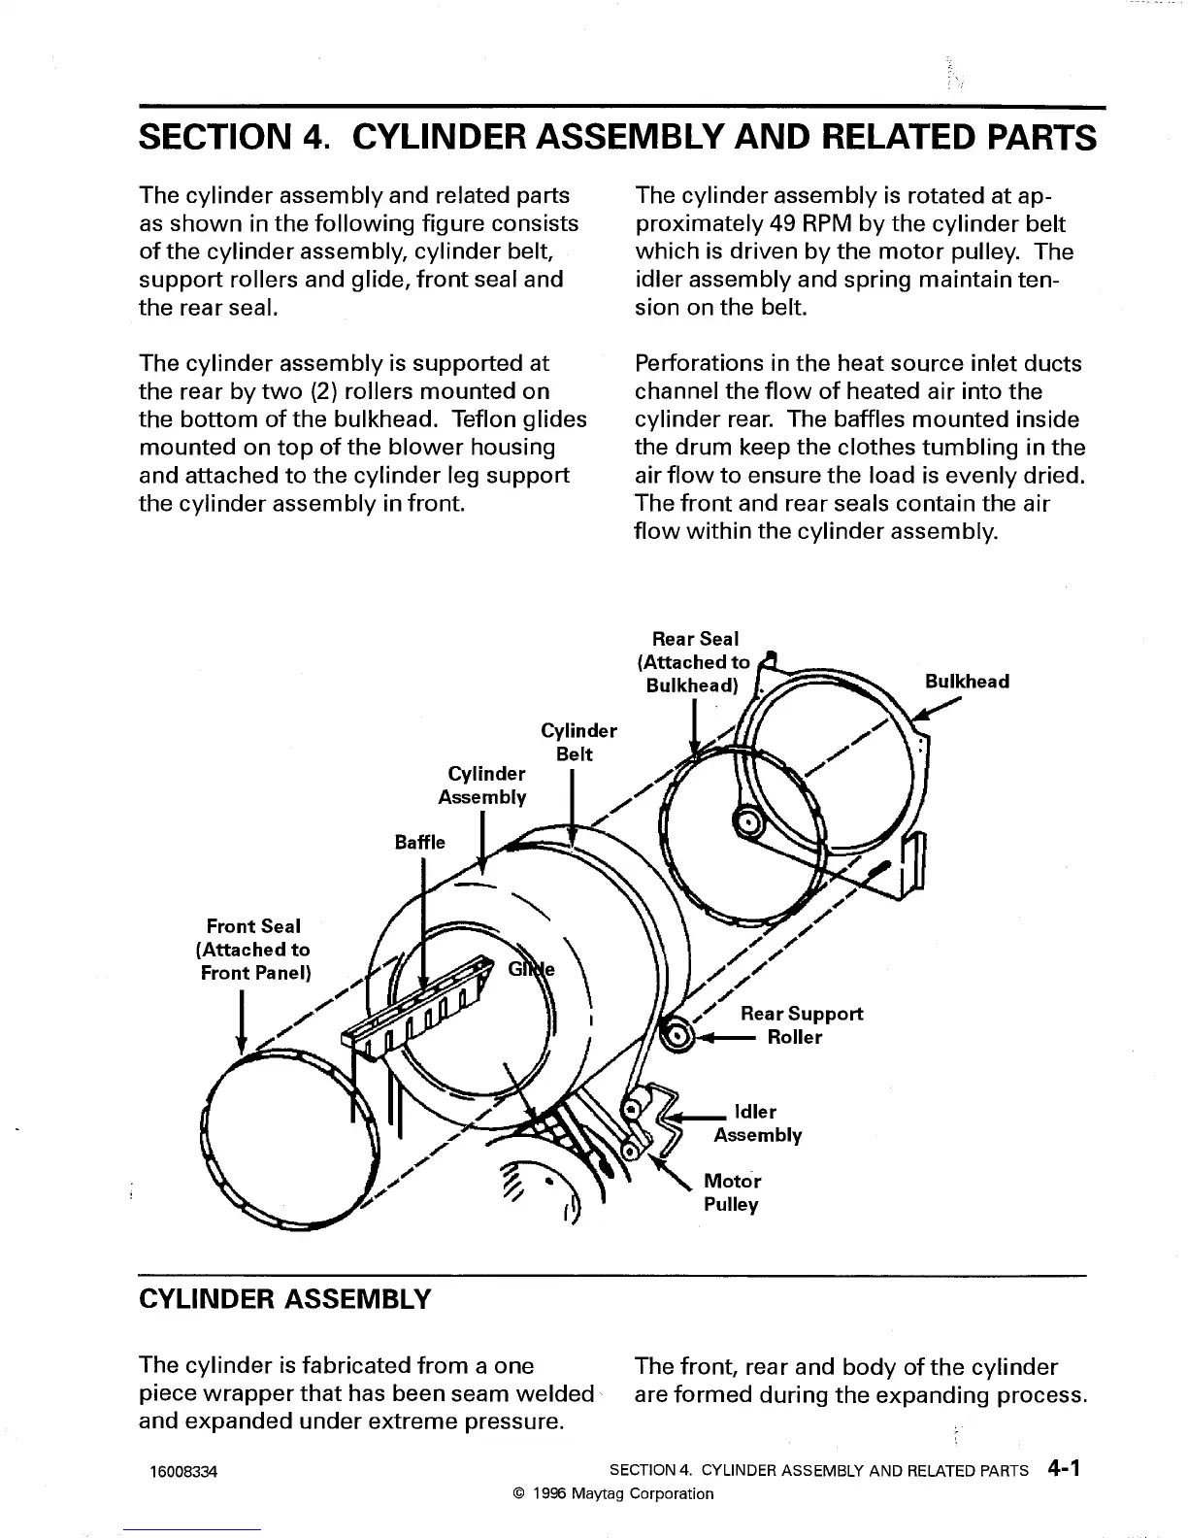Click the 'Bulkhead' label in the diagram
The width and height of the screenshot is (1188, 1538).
(967, 681)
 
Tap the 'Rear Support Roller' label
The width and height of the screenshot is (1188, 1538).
(801, 1025)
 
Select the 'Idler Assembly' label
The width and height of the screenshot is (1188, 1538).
(757, 1123)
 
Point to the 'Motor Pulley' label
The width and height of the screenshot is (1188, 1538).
(732, 1192)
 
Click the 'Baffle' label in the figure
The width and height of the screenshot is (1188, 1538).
(419, 842)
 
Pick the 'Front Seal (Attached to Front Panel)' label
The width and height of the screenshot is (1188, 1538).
(253, 950)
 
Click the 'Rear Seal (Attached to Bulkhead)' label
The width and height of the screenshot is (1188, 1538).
(694, 662)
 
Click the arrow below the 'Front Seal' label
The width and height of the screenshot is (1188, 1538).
(240, 1024)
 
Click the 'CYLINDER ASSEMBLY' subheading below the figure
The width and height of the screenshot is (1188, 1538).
(283, 1299)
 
